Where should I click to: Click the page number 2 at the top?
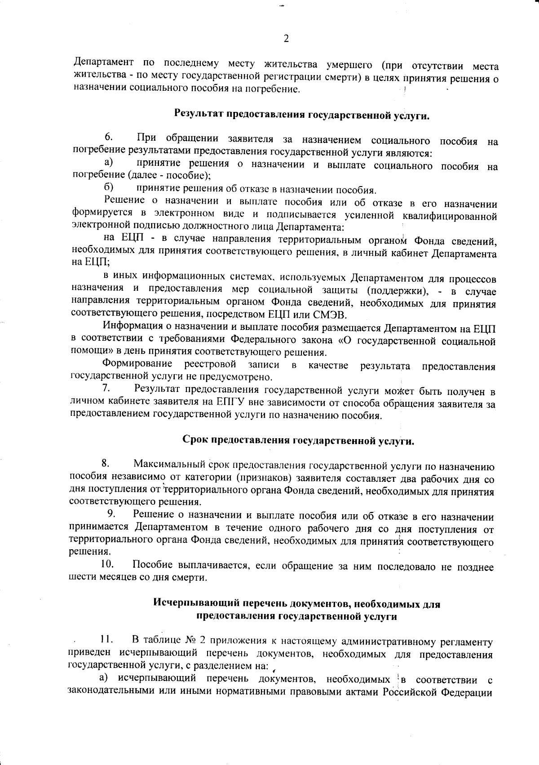pos(286,39)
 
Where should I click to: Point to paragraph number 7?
pos(106,387)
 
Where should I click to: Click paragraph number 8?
pos(106,463)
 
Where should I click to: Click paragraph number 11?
pos(106,639)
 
